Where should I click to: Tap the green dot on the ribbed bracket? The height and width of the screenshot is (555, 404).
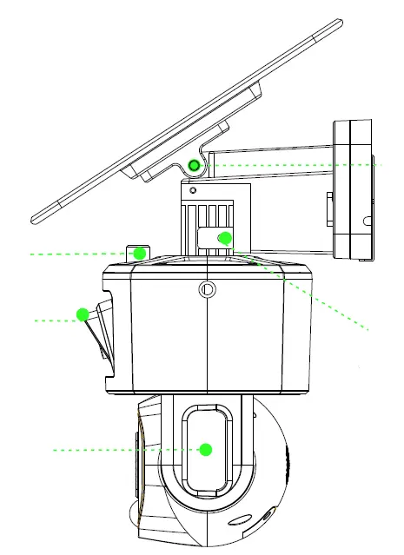pyautogui.click(x=225, y=238)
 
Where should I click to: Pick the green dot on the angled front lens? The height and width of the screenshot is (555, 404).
pyautogui.click(x=83, y=314)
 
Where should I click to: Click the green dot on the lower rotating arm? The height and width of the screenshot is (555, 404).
pyautogui.click(x=206, y=449)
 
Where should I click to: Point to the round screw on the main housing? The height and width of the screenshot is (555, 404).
pyautogui.click(x=206, y=289)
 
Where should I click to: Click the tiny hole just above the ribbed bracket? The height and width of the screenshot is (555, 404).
pyautogui.click(x=193, y=189)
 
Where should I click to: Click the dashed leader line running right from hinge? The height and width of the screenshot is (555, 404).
pyautogui.click(x=295, y=163)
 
